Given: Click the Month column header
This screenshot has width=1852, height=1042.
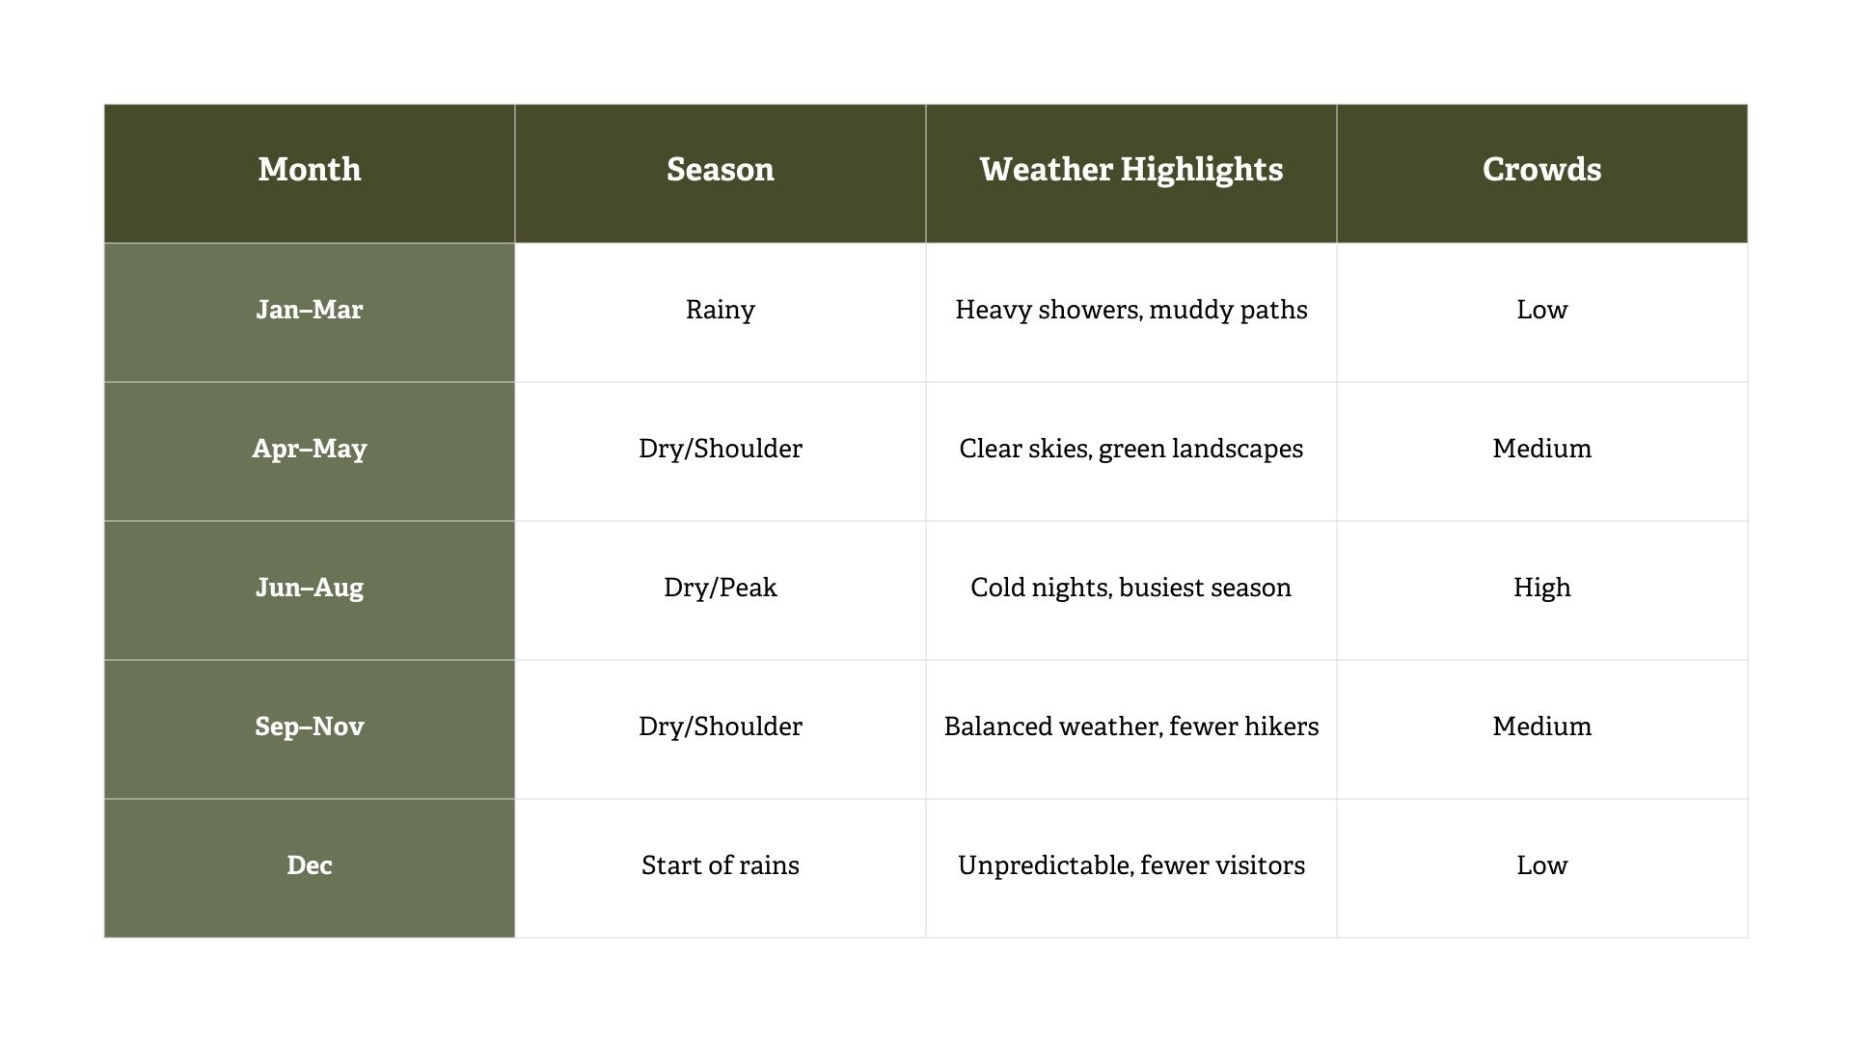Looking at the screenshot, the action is [310, 170].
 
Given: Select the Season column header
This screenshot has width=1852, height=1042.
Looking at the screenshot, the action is [721, 170].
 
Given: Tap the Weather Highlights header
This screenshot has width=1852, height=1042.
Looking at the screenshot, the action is [1131, 170].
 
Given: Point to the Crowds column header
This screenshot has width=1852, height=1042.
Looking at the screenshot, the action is [1541, 170].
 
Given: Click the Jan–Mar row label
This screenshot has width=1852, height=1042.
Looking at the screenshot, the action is [310, 310].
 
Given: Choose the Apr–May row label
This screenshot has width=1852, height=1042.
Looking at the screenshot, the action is [310, 449].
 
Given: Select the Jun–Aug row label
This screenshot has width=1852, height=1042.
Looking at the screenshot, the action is [310, 588].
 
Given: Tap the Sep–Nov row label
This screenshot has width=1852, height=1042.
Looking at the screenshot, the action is [310, 727].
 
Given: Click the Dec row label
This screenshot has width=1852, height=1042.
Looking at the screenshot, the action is [310, 865].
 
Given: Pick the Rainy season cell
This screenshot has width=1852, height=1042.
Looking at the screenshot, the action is [721, 310].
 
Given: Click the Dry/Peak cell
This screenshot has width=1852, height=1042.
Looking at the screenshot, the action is [721, 588].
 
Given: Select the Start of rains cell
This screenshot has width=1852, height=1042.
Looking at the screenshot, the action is [721, 865].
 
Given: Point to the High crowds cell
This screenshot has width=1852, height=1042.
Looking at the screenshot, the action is [1541, 588].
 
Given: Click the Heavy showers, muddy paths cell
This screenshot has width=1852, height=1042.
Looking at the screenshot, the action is [1131, 310].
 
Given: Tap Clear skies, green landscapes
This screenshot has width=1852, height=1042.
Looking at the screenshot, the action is [1131, 449].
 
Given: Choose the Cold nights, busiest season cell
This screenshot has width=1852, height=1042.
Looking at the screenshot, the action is [1131, 588].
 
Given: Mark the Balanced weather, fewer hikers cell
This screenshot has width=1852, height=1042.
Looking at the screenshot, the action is [1131, 727].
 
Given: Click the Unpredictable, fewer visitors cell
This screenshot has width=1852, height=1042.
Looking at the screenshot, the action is [1131, 865].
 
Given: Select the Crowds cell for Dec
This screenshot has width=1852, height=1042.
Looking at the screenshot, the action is [1541, 865].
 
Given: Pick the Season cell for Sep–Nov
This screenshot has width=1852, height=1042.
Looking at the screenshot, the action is [721, 727].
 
